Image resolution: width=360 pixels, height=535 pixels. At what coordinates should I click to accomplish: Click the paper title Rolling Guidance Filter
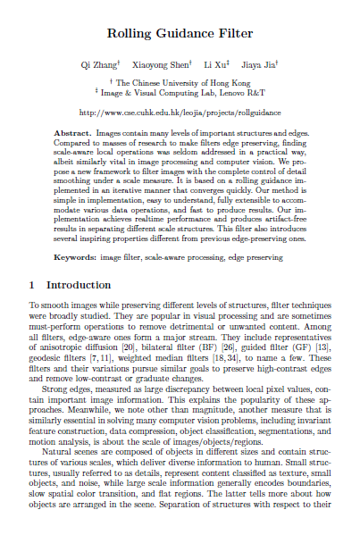click(x=180, y=34)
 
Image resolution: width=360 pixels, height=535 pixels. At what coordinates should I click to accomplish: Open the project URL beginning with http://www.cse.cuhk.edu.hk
click(x=180, y=113)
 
